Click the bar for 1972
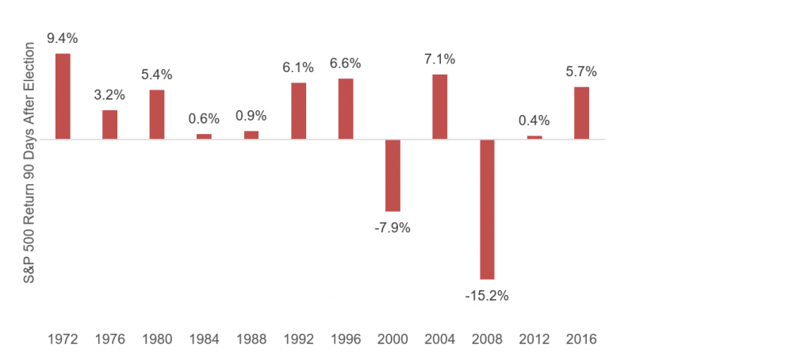tap(63, 96)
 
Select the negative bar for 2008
tap(487, 209)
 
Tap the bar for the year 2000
tap(393, 175)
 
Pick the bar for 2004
tap(440, 106)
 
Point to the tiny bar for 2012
tap(534, 137)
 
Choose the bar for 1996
tap(346, 109)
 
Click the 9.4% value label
tap(63, 38)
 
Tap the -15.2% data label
tap(487, 296)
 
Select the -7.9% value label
tap(393, 228)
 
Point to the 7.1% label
tap(440, 59)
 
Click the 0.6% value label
tap(204, 119)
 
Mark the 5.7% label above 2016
tap(581, 71)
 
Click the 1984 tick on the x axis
tap(204, 339)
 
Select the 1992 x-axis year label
tap(298, 339)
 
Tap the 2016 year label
tap(581, 339)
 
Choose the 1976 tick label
tap(109, 339)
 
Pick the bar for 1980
tap(157, 114)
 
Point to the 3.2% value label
tap(109, 95)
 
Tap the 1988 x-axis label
tap(251, 339)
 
